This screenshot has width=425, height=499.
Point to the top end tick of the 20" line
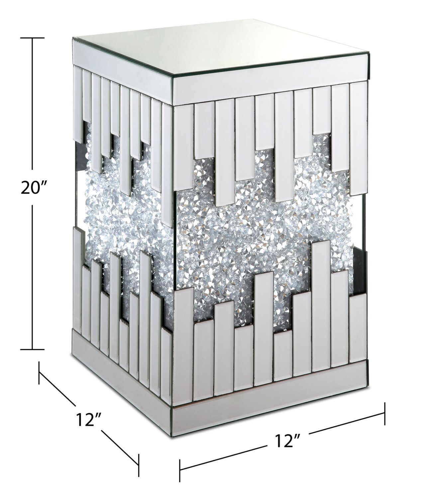(32, 38)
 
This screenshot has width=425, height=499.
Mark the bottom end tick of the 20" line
(32, 349)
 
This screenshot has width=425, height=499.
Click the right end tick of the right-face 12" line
(385, 414)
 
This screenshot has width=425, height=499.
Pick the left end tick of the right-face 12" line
(180, 470)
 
